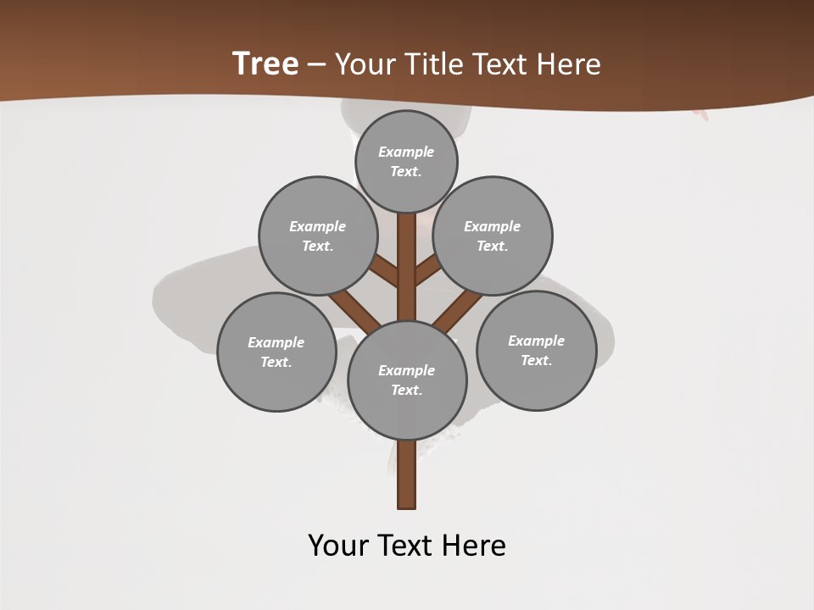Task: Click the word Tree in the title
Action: point(265,64)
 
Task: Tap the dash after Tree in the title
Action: point(316,65)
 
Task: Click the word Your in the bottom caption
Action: point(339,545)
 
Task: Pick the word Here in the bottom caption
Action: point(471,545)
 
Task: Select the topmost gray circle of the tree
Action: point(406,161)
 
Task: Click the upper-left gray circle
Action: point(317,236)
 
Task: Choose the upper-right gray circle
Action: point(493,236)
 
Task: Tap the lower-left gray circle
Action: point(276,352)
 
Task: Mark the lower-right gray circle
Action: point(536,350)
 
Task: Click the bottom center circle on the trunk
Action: point(407,380)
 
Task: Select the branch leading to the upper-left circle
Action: point(384,271)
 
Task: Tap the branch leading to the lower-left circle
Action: point(354,308)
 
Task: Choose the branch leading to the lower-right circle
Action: point(458,308)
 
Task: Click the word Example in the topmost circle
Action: point(406,152)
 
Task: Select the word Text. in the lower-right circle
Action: point(536,360)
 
